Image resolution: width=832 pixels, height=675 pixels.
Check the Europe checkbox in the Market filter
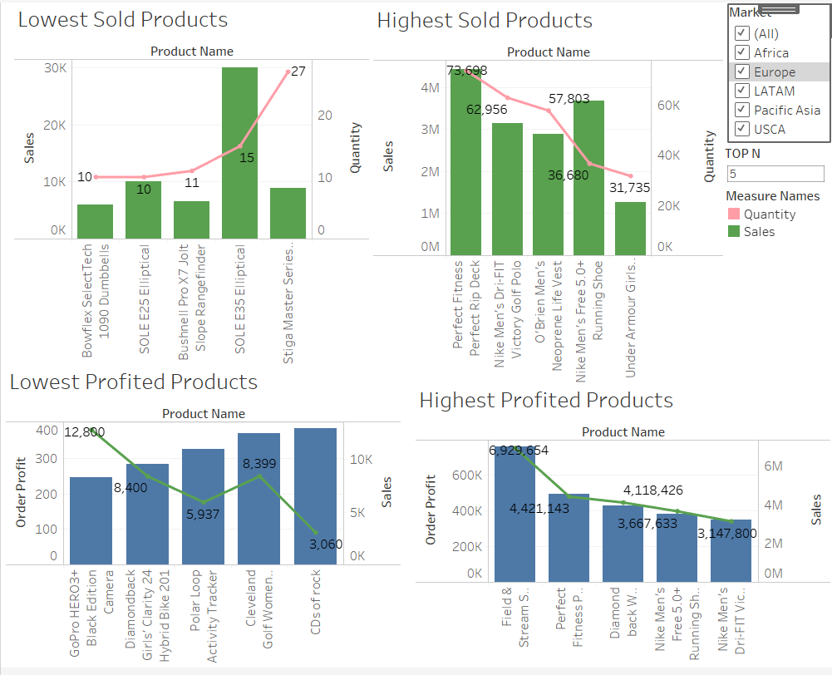click(x=742, y=72)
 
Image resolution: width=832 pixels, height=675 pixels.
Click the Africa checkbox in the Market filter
click(x=742, y=53)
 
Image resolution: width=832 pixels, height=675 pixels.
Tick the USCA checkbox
click(x=742, y=130)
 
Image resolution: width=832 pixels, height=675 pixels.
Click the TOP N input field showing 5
click(x=775, y=174)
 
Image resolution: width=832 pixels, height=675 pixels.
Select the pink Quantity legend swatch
click(x=733, y=214)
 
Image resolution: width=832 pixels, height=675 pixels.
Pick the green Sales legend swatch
click(x=733, y=232)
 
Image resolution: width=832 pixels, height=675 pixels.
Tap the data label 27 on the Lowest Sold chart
click(x=298, y=71)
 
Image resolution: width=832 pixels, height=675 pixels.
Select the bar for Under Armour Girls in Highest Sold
click(x=630, y=228)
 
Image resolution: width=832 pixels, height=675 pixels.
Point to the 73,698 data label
click(x=466, y=71)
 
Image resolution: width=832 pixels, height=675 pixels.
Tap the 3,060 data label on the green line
click(x=325, y=544)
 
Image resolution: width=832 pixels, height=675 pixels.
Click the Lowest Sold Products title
click(x=123, y=20)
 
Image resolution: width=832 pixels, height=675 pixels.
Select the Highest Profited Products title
click(x=545, y=401)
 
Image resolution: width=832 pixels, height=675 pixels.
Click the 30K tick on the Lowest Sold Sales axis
click(x=56, y=68)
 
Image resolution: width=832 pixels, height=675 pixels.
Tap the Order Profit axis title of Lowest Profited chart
click(x=22, y=492)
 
